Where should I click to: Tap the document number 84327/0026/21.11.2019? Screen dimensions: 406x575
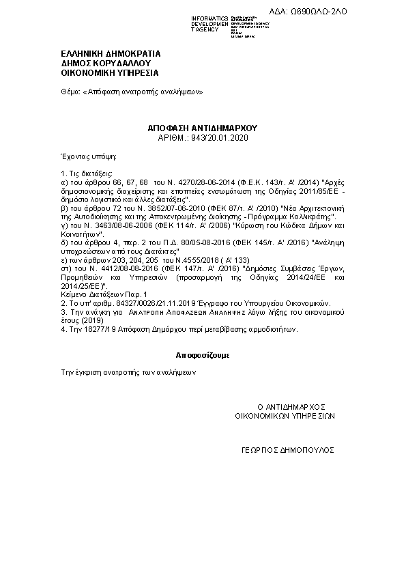tap(136, 302)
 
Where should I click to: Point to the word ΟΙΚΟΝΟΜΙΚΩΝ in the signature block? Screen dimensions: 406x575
tap(263, 415)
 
